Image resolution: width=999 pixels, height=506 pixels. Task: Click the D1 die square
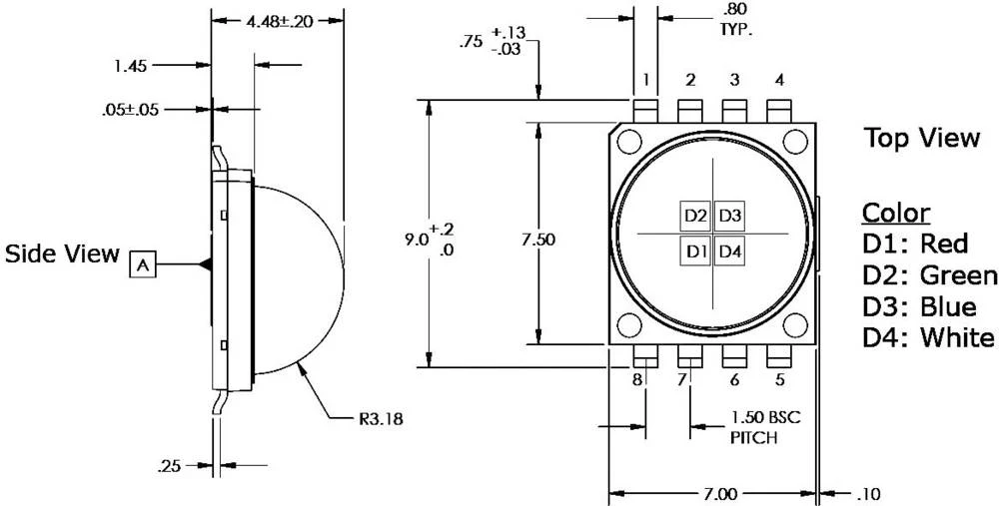[x=696, y=250]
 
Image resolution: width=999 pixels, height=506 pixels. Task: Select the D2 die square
[x=696, y=216]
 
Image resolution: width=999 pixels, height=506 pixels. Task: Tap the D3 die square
[x=730, y=216]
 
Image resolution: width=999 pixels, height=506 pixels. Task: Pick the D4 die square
[x=730, y=250]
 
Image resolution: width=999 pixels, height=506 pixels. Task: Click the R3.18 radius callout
[x=381, y=420]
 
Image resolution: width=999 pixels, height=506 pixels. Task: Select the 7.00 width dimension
[x=712, y=494]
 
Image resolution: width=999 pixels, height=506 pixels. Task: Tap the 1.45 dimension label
[x=130, y=66]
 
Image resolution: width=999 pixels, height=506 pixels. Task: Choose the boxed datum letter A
[x=144, y=264]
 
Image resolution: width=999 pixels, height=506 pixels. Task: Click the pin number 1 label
[x=646, y=80]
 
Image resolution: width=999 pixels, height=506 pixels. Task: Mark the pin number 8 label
[x=636, y=379]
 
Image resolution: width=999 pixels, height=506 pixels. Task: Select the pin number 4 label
[x=778, y=80]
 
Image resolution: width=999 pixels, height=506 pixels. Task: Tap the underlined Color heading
[x=896, y=213]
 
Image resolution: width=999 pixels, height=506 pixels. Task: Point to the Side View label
[x=62, y=253]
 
